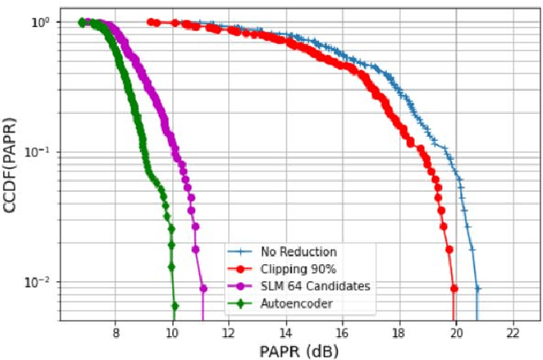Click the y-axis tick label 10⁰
40,21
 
